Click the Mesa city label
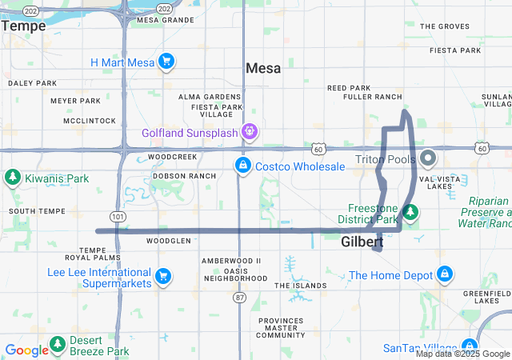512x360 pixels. (263, 69)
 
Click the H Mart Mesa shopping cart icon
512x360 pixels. (166, 61)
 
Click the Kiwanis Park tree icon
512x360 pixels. (13, 176)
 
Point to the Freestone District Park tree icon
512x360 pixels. (410, 212)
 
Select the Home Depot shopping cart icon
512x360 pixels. (444, 276)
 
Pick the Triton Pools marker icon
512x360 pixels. (428, 157)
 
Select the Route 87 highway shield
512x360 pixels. (240, 297)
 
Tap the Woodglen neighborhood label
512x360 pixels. (169, 240)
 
